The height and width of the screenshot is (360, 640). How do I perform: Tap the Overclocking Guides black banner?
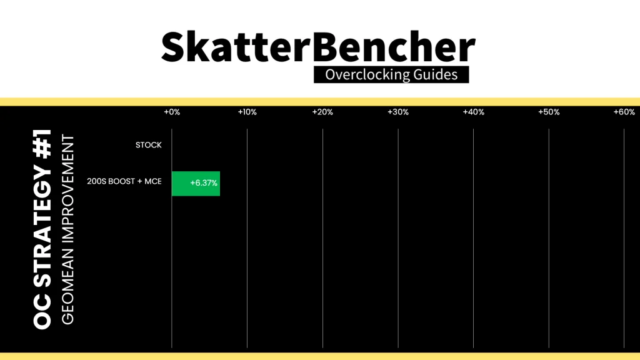point(391,75)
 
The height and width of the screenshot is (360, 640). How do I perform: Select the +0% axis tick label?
point(172,112)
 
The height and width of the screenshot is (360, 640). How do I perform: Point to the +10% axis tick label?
point(247,112)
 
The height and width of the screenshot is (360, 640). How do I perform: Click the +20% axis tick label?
point(322,112)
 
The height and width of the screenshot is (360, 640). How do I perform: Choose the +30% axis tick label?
point(398,112)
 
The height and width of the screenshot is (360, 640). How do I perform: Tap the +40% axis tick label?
point(474,112)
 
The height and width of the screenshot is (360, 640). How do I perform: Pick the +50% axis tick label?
point(549,112)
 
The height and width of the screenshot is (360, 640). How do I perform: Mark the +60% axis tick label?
point(624,112)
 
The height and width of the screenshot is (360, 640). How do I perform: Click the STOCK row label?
point(149,145)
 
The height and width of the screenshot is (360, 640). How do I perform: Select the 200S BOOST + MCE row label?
point(124,181)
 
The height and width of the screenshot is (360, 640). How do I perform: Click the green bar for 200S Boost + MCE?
point(196,184)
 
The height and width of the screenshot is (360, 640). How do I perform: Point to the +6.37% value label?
point(204,183)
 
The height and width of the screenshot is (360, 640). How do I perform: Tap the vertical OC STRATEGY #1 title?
point(42,229)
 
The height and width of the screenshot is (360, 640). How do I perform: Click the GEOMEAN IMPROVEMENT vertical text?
point(67,230)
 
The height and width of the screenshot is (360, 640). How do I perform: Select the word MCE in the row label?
point(153,181)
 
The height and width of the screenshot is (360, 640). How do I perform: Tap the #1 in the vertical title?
point(42,144)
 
